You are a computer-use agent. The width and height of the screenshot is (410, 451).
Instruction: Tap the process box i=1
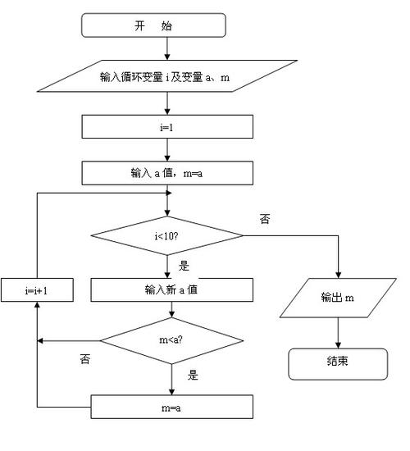coord(167,126)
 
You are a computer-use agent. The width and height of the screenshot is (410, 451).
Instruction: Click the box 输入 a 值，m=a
coord(167,172)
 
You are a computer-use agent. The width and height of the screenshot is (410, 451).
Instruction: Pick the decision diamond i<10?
coord(167,236)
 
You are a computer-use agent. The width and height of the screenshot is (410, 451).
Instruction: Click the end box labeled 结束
coord(338,362)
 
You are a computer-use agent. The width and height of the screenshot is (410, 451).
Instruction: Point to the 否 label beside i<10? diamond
coord(265,220)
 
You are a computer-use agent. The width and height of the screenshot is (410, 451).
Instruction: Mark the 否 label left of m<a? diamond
coord(84,358)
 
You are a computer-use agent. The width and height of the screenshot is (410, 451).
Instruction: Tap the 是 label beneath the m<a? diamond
coord(194,376)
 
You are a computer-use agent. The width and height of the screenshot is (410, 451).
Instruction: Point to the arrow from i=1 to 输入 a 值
coord(167,148)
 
